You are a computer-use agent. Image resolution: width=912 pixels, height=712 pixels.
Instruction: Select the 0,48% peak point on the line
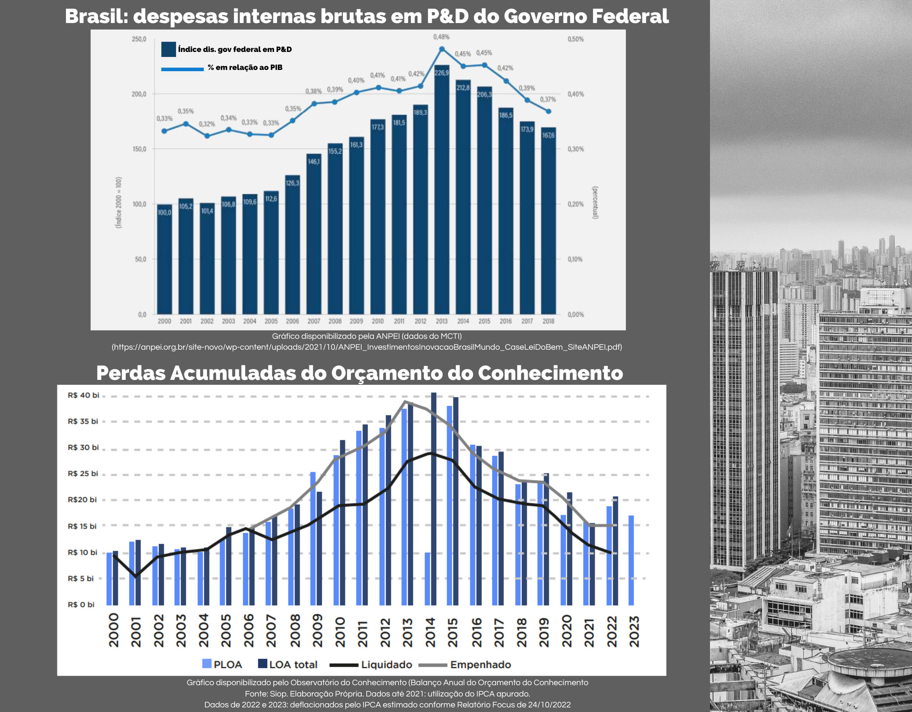coord(442,49)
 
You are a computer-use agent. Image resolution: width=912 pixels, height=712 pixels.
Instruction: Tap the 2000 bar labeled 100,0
coord(164,260)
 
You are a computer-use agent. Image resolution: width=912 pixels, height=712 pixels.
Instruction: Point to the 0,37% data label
coord(548,99)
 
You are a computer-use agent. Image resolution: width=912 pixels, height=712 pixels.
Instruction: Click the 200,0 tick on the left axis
coord(139,94)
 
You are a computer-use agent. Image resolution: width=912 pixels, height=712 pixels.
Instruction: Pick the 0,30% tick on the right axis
coord(575,149)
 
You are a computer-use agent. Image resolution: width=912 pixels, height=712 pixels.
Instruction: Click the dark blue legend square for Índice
coord(168,49)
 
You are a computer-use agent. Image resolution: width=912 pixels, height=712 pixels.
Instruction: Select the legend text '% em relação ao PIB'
coord(245,67)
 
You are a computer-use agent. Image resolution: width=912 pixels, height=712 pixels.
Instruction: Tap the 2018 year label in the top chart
coord(548,321)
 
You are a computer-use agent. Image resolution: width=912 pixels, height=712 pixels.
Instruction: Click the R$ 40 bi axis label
coord(83,395)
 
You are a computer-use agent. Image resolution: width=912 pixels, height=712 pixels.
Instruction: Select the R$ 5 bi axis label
coord(81,578)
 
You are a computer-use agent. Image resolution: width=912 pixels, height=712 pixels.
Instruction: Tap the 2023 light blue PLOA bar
coord(631,560)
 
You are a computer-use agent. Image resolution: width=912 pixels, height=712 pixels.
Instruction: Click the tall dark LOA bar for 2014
coord(433,498)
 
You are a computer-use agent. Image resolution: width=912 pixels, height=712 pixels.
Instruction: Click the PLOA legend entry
coord(222,665)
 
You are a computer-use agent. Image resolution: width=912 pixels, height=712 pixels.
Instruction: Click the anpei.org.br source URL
coord(367,347)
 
